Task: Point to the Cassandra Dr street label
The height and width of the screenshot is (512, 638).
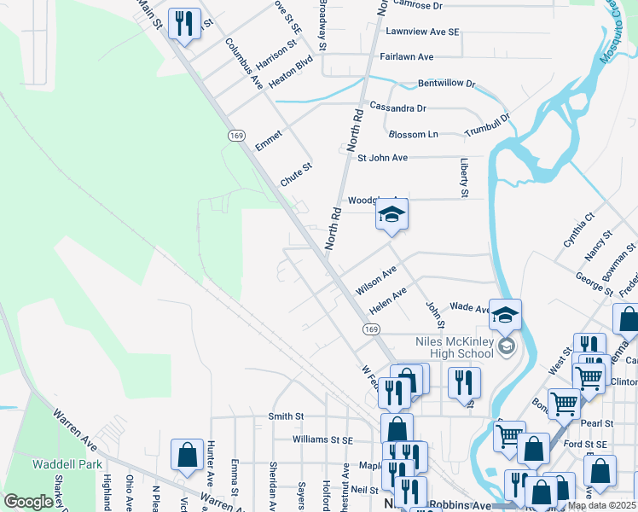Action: (397, 108)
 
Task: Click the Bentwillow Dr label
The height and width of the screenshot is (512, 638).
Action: (446, 84)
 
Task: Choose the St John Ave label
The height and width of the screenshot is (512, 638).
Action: (382, 158)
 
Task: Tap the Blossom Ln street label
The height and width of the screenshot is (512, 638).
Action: (413, 135)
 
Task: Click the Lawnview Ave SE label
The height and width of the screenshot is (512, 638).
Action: (422, 32)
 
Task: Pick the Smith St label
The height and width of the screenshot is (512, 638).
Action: (287, 416)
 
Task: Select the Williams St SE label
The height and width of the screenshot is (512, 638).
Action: (322, 440)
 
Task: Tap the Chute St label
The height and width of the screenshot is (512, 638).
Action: (297, 174)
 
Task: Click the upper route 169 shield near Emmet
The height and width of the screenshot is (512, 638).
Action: (236, 136)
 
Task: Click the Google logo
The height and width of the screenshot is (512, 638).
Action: (29, 502)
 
